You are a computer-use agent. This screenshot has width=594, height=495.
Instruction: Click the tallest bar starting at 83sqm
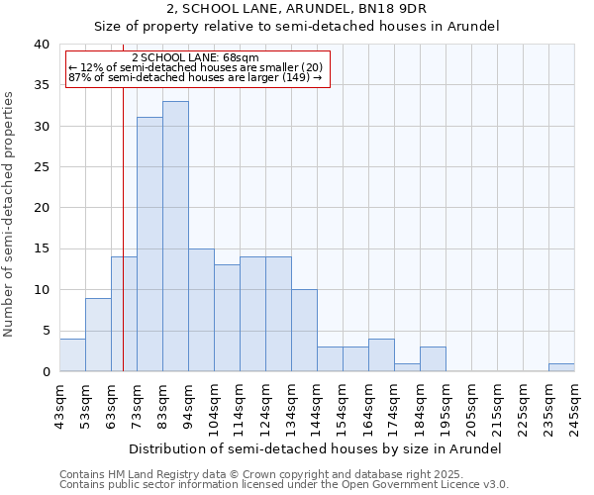175,237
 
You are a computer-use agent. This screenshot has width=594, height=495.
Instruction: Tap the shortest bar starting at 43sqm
72,355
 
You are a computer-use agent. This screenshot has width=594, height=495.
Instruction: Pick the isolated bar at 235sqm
561,367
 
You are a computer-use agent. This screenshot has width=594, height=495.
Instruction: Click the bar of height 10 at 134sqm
304,331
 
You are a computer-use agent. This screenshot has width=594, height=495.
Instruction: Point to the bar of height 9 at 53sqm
98,335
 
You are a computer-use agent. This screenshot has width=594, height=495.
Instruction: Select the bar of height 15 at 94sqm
201,310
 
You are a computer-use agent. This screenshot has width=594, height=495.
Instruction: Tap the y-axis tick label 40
41,45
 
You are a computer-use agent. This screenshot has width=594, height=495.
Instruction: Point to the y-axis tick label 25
41,167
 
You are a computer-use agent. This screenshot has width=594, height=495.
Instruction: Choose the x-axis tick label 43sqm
60,404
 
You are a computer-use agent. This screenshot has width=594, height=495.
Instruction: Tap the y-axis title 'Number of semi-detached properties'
10,214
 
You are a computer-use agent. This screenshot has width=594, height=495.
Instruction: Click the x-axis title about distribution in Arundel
315,448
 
